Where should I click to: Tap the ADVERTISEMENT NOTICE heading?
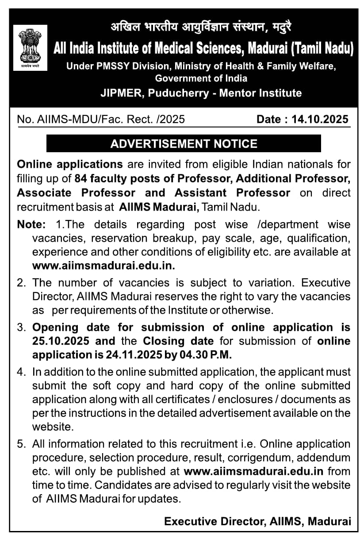[x=184, y=144]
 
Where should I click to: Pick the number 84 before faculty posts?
[x=80, y=178]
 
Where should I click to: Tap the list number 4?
[x=20, y=372]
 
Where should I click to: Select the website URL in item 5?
[x=253, y=471]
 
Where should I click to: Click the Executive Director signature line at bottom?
[x=257, y=521]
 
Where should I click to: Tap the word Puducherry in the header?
[x=180, y=93]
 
